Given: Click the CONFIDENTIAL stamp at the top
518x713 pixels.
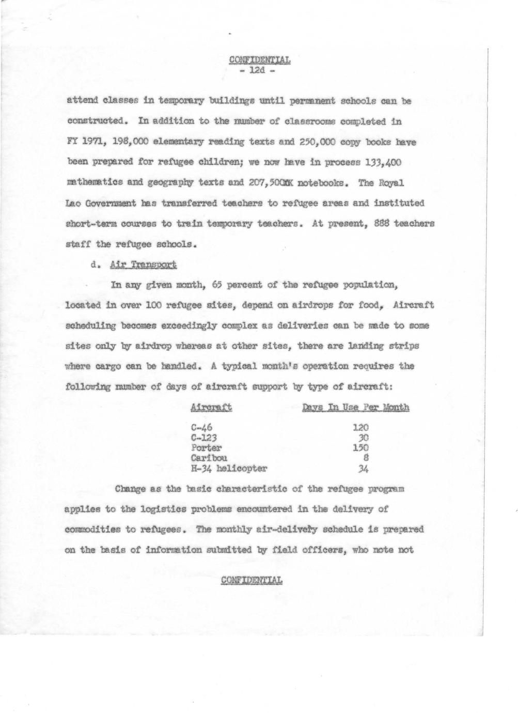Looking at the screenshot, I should pos(260,59).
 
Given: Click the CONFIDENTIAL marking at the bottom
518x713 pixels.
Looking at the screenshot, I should pos(252,580).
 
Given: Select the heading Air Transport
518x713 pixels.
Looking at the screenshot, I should pos(144,265).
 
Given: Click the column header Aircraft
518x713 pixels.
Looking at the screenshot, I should pos(211,408).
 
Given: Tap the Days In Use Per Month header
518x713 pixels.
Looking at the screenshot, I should pos(356,408).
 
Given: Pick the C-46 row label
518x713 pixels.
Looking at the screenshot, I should pos(201,427).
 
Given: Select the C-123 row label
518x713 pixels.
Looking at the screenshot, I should pos(203,438).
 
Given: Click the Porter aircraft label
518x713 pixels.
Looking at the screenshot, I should pos(206,448).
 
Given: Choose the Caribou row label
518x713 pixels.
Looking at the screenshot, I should pos(209,458).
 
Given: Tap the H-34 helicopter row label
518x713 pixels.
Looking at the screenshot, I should pos(229,469).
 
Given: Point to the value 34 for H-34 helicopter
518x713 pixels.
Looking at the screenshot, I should pos(363,469).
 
